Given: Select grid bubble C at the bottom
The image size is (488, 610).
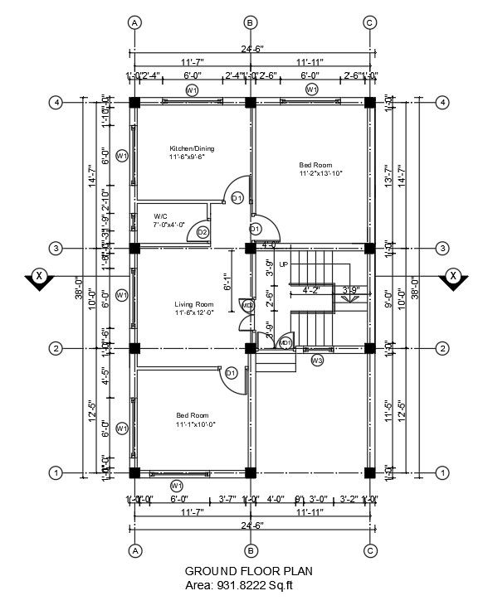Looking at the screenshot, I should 369,550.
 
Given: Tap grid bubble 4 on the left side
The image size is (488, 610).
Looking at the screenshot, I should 56,103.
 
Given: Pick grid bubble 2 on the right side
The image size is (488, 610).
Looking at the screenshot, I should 443,349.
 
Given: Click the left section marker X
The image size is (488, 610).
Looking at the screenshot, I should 37,277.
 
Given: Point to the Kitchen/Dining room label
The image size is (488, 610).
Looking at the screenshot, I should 192,149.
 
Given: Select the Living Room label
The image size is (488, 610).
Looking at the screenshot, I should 195,303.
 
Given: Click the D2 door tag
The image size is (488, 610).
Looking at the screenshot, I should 203,232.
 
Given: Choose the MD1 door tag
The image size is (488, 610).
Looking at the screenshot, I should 285,342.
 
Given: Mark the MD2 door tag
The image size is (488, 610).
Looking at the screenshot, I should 247,307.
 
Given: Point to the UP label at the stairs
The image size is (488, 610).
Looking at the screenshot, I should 284,264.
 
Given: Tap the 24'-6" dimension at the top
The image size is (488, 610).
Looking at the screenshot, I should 250,50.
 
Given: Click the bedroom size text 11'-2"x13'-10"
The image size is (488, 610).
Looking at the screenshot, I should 321,174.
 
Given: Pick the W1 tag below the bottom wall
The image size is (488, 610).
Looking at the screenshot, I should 176,485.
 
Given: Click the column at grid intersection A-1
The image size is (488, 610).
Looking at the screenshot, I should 134,473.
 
